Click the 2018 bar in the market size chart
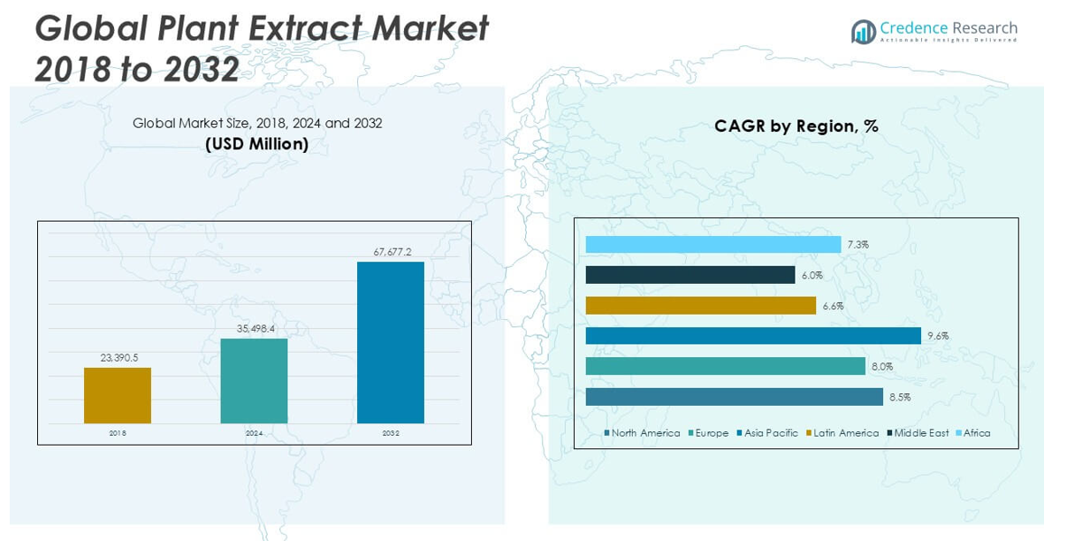point(118,395)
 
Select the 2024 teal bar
point(254,380)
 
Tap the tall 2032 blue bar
point(390,342)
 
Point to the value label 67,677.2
point(392,252)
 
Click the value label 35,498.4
point(255,329)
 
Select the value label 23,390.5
point(118,357)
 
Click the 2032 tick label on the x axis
point(391,433)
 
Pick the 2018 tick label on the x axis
point(118,433)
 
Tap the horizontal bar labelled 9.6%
point(753,336)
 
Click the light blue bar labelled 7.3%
point(713,245)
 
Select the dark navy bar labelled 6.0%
point(690,275)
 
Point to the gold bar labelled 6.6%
point(701,305)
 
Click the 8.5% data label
point(900,397)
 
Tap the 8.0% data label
point(882,366)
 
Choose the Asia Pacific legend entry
point(770,433)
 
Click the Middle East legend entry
point(920,433)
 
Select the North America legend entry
point(644,433)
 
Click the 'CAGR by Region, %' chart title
point(796,126)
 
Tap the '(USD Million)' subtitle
point(257,144)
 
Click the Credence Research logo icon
point(863,32)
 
